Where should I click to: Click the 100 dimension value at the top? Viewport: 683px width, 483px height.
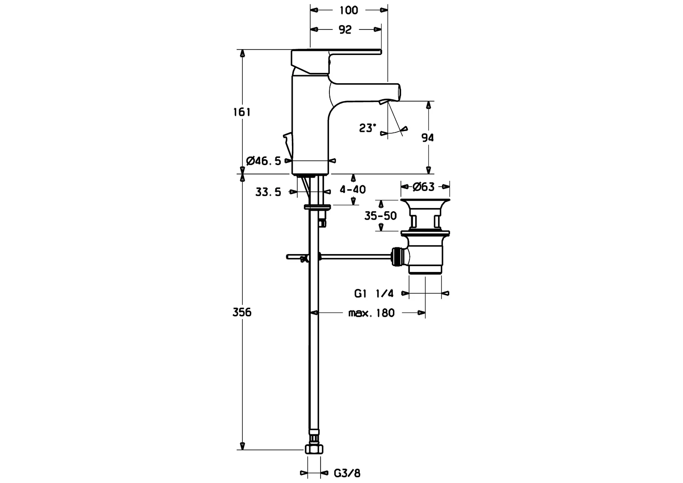click(x=349, y=10)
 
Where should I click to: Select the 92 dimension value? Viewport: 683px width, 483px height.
click(x=345, y=30)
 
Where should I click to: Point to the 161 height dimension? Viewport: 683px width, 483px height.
click(x=242, y=112)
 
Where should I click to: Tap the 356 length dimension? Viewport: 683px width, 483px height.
click(x=242, y=312)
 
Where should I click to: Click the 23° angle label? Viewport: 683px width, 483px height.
click(x=367, y=128)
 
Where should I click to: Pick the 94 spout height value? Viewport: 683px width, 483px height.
click(x=427, y=138)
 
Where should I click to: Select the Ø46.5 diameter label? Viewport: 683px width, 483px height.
click(x=263, y=161)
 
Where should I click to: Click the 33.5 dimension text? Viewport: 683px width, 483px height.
click(x=268, y=192)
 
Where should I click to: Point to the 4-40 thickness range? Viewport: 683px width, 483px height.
click(x=353, y=190)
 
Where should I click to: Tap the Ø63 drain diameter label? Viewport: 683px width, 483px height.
click(x=423, y=187)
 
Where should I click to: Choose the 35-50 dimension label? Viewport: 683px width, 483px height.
click(x=380, y=216)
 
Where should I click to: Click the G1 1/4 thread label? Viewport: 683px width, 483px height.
click(x=374, y=293)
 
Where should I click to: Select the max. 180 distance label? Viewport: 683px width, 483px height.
click(x=371, y=313)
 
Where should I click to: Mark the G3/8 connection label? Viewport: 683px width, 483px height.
click(x=347, y=473)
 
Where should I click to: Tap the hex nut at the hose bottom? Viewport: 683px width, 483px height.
click(x=314, y=449)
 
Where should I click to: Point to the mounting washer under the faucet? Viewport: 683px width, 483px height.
click(x=317, y=207)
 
